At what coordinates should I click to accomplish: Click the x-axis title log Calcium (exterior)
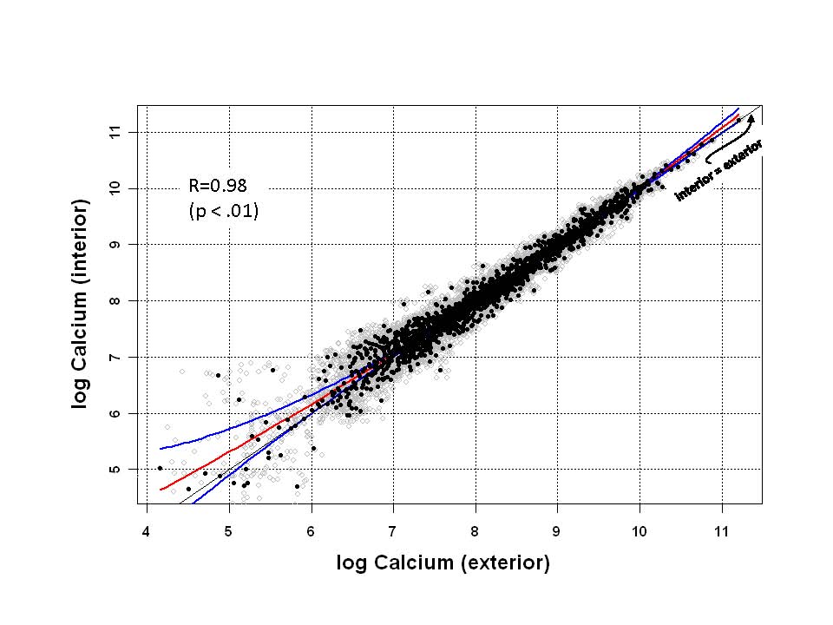click(443, 563)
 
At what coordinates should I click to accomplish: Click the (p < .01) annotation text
click(223, 210)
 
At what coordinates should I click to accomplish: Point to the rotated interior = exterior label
click(719, 170)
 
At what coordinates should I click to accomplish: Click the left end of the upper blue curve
click(161, 449)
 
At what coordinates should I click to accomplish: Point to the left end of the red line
click(161, 490)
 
